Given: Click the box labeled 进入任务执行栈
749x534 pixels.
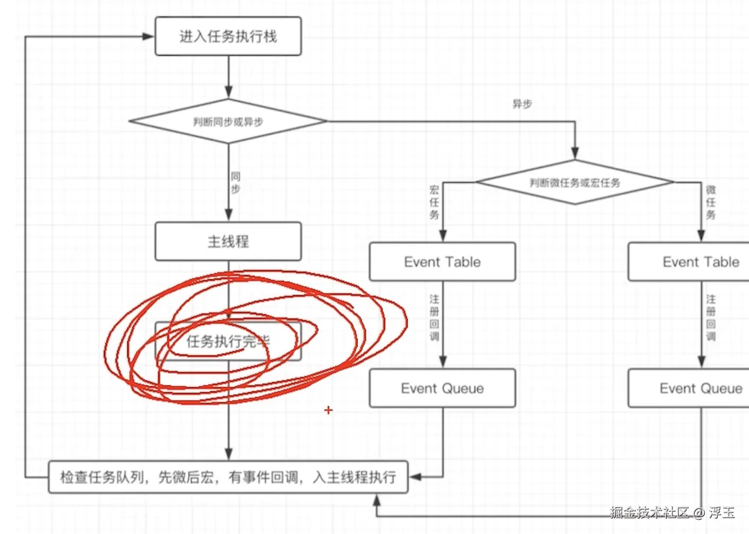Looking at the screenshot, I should point(228,36).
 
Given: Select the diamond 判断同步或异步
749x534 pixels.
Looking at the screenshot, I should point(228,122).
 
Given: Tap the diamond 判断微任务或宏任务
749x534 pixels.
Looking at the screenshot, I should point(575,182).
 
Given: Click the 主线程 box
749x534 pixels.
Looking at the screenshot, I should point(228,242).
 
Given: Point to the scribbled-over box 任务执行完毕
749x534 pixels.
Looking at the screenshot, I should point(228,341).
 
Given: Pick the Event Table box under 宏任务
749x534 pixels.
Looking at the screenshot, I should point(442,262).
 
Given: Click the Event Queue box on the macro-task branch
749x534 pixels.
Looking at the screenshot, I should point(442,388).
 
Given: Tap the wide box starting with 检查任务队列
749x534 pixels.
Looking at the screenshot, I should point(228,477).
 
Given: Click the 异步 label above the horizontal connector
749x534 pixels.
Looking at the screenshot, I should point(522,104).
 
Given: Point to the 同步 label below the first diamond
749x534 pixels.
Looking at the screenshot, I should point(236,183).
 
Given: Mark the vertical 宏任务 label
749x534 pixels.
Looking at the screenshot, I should point(434,202).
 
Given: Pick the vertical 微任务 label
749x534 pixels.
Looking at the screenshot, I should point(711,202).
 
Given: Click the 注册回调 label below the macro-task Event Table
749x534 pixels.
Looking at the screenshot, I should point(434,317).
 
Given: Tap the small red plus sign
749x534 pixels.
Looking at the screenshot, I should point(328,410).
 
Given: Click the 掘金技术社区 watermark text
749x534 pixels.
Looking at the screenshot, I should point(649,512).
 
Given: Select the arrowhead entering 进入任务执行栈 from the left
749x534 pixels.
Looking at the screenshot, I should point(149,37).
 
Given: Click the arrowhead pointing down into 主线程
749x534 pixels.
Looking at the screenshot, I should point(229,214).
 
